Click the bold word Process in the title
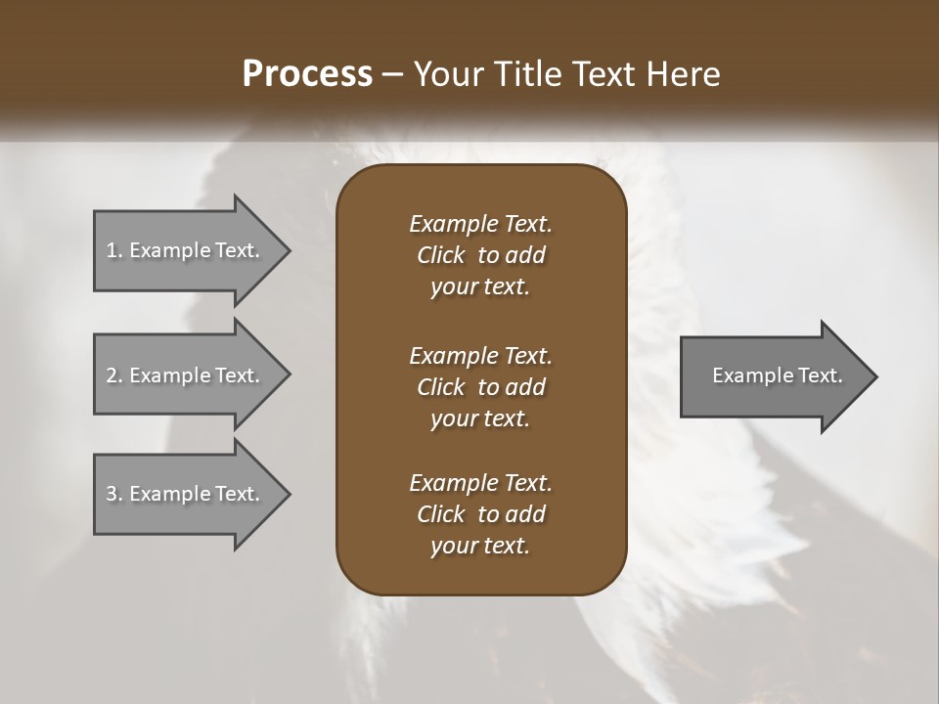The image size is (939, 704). tap(307, 74)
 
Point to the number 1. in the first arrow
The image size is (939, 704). tap(113, 250)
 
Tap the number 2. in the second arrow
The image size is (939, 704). tap(113, 375)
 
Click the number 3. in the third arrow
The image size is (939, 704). tap(113, 494)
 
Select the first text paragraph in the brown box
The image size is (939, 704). tap(480, 255)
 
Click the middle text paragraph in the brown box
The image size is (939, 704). tap(480, 387)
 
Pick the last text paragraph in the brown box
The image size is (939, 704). tap(480, 514)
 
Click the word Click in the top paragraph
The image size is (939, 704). tap(441, 255)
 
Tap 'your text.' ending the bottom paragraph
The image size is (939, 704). tap(480, 547)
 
